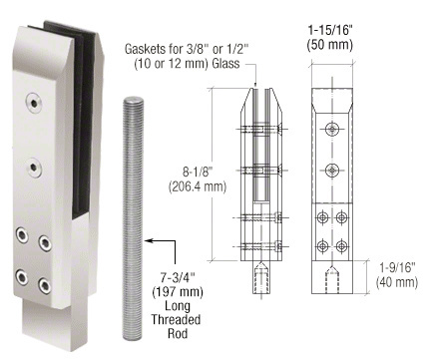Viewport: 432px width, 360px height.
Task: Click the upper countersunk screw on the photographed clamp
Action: [34, 103]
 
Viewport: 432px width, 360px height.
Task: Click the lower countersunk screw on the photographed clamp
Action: [34, 168]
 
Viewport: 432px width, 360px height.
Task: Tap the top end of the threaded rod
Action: [134, 99]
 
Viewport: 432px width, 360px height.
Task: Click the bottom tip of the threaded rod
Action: [133, 338]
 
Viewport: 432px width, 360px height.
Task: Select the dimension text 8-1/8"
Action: [198, 172]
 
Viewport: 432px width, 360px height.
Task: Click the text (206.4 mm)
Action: [198, 186]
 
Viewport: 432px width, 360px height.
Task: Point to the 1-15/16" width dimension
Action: [330, 30]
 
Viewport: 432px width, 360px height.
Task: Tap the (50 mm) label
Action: [330, 45]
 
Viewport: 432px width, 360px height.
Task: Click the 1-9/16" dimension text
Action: [398, 267]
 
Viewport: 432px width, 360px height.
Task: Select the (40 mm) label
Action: [397, 282]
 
